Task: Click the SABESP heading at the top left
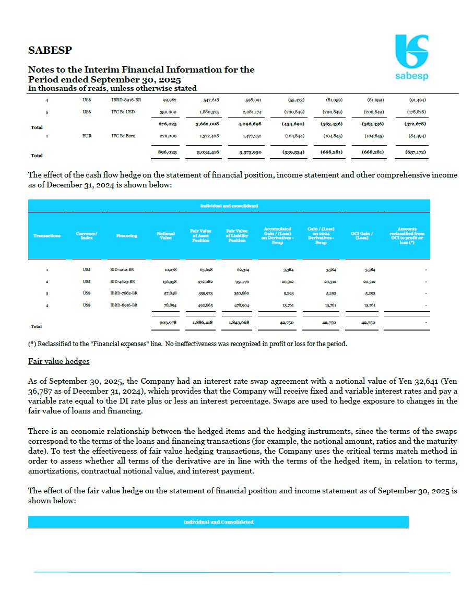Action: click(50, 51)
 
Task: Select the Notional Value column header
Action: click(165, 235)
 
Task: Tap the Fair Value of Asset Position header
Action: click(200, 235)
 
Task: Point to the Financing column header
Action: click(126, 235)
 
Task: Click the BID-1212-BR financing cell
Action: click(123, 270)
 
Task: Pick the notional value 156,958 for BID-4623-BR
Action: click(168, 281)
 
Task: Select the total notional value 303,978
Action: click(167, 323)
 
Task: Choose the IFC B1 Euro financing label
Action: click(123, 136)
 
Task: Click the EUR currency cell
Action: click(87, 136)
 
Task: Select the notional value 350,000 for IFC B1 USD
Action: click(167, 111)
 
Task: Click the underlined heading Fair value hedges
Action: click(58, 361)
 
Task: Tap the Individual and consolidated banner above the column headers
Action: click(229, 206)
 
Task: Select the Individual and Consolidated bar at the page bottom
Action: click(218, 522)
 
